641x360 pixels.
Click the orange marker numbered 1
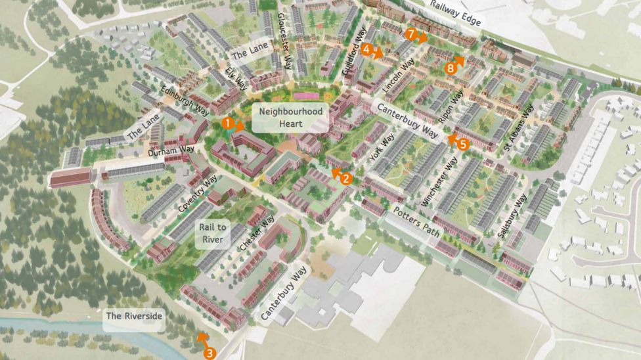(x=227, y=122)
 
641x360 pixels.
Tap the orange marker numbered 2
(x=347, y=177)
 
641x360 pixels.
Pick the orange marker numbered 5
(x=463, y=144)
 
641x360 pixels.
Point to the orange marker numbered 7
(x=410, y=34)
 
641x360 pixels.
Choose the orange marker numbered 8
(x=450, y=68)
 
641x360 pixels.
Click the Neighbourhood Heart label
(x=291, y=118)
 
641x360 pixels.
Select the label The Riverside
(x=134, y=316)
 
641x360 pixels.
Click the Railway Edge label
(x=456, y=13)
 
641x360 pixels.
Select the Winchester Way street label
(x=438, y=183)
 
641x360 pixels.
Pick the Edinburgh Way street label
(x=186, y=100)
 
